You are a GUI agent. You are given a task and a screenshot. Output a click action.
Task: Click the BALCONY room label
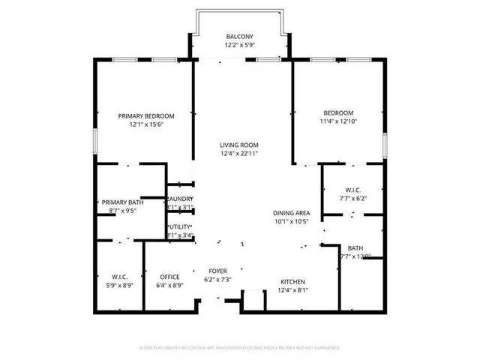240,37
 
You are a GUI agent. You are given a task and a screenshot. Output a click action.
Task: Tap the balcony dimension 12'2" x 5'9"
240,46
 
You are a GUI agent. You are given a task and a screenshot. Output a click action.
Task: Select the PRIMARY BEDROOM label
146,115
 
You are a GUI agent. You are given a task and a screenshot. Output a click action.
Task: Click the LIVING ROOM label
238,145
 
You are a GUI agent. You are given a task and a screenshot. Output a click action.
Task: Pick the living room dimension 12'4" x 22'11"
238,154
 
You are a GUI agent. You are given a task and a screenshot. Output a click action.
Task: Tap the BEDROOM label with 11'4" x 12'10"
337,112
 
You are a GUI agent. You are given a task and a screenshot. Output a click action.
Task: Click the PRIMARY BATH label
124,202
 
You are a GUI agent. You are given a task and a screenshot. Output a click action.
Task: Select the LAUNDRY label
180,199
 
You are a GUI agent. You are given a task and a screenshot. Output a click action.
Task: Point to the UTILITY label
180,226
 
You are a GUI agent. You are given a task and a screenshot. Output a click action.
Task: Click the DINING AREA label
292,213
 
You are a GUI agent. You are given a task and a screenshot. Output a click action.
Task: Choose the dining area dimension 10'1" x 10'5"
292,222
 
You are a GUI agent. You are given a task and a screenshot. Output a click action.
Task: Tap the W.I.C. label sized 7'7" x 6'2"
354,190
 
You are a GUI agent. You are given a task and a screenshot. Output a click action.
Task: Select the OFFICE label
169,276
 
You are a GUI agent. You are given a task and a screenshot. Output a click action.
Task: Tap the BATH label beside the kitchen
355,248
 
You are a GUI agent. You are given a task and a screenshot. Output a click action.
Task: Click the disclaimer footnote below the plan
240,348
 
